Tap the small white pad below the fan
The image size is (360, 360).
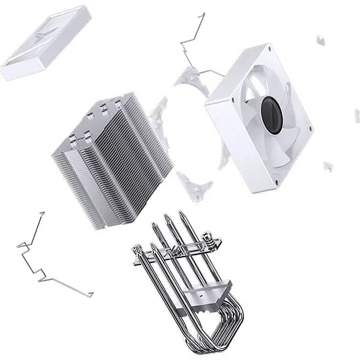click(328, 167)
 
